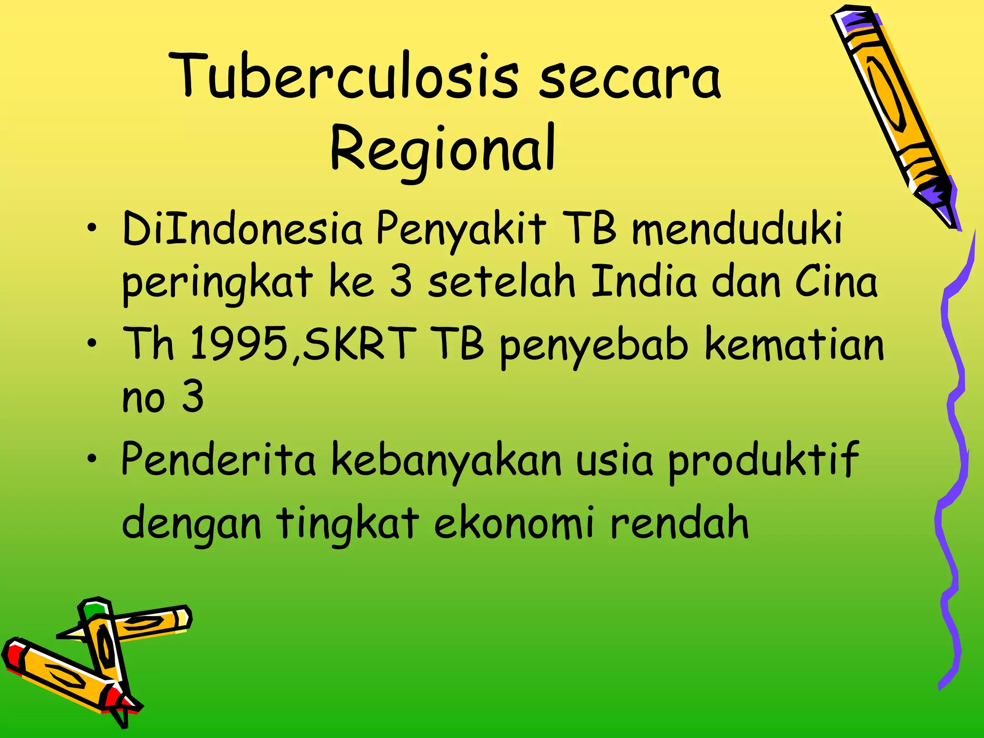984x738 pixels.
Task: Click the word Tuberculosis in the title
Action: (x=346, y=77)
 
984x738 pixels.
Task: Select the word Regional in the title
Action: (x=443, y=148)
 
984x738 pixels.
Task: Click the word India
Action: (x=643, y=282)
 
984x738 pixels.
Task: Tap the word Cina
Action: (x=836, y=282)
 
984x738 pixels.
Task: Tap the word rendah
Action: (x=679, y=523)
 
